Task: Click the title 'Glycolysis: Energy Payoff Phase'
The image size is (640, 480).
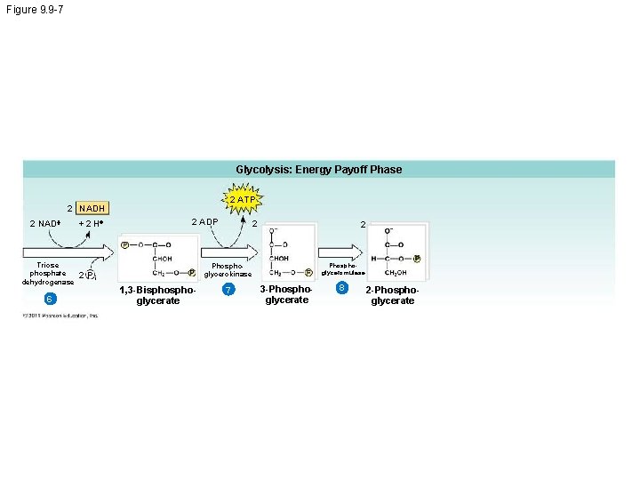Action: (318, 169)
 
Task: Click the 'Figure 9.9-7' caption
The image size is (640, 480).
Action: (34, 9)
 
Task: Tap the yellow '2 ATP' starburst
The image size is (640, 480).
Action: (242, 200)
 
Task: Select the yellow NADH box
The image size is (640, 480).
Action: (92, 208)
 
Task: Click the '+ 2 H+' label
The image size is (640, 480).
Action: (92, 222)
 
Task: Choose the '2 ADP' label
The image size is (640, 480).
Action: (204, 221)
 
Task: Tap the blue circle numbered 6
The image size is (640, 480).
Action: (51, 298)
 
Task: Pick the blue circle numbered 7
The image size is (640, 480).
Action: (228, 291)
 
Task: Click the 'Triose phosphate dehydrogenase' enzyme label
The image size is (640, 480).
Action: (48, 273)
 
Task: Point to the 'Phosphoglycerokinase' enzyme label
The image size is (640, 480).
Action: (228, 269)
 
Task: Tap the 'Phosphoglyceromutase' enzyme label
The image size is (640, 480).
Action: (342, 268)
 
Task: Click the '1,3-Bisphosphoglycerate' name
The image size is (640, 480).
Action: (157, 295)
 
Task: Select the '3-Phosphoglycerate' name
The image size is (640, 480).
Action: (286, 294)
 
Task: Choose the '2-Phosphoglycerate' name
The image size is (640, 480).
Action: (392, 295)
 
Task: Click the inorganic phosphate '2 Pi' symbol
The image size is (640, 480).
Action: (87, 275)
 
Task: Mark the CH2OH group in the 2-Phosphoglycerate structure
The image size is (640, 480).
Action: (396, 273)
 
